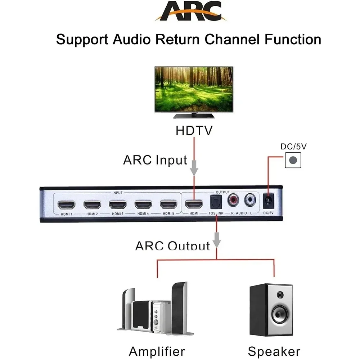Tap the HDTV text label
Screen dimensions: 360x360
pyautogui.click(x=194, y=131)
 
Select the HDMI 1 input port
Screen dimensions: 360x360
pyautogui.click(x=67, y=205)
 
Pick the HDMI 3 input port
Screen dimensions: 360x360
pyautogui.click(x=118, y=205)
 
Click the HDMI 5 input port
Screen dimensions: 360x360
pyautogui.click(x=169, y=205)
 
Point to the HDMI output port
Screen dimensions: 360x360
pyautogui.click(x=194, y=205)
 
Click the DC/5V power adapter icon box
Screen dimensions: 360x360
pyautogui.click(x=293, y=160)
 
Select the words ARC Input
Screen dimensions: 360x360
pyautogui.click(x=155, y=159)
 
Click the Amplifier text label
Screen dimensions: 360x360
pyautogui.click(x=157, y=351)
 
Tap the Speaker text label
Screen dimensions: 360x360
pyautogui.click(x=274, y=351)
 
